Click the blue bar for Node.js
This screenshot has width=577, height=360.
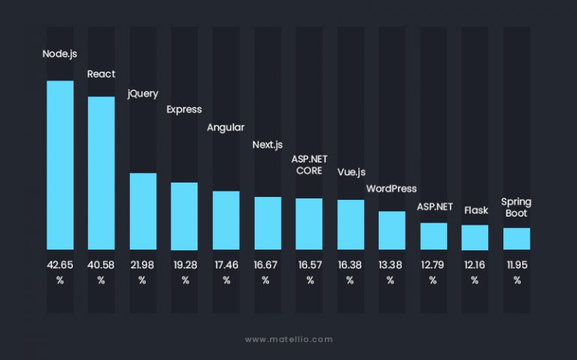coord(60,165)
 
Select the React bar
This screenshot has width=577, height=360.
coord(101,173)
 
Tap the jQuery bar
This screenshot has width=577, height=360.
coord(143,211)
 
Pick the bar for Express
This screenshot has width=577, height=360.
coord(184,216)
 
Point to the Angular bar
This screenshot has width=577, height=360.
coord(226,220)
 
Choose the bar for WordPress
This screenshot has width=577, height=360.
coord(391,230)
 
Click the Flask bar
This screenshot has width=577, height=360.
coord(475,237)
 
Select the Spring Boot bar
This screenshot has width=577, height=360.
coord(517,238)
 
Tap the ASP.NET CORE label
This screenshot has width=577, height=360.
coord(307,165)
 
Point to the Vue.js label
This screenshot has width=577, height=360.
coord(350,171)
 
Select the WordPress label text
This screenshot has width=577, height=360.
coord(391,189)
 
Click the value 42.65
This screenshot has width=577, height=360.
coord(60,264)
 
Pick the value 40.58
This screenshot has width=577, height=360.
coord(101,264)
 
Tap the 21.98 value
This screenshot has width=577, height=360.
coord(143,264)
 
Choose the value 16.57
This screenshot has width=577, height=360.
coord(309,264)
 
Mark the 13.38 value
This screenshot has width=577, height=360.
coord(391,264)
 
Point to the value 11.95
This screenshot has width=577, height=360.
coord(517,264)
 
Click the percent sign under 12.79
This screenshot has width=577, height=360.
coord(433,280)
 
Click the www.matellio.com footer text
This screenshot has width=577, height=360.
coord(288,340)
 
